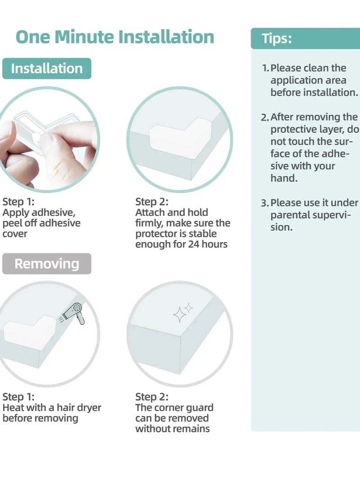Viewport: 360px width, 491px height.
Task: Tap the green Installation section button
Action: (47, 68)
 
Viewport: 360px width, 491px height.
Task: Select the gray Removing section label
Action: (47, 264)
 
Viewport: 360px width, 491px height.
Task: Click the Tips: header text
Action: (277, 39)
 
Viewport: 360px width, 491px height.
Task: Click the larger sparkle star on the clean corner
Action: (180, 315)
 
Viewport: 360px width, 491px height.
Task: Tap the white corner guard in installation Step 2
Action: (180, 138)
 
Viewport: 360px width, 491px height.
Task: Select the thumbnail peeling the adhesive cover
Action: (48, 140)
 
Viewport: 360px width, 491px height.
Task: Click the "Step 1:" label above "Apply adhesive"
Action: (18, 202)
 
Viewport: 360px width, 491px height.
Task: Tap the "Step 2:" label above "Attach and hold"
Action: (152, 202)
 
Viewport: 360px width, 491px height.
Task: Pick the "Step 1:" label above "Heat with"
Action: (18, 397)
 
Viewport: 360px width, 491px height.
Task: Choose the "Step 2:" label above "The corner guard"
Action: (152, 397)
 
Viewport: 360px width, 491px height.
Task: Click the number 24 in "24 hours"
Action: (194, 244)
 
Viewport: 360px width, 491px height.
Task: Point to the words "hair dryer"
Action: (79, 408)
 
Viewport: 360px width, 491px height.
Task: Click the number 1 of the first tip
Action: (265, 68)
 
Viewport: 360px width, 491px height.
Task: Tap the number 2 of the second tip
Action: (265, 117)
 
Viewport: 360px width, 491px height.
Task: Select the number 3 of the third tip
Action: (265, 203)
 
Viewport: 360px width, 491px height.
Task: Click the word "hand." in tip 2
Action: (284, 178)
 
